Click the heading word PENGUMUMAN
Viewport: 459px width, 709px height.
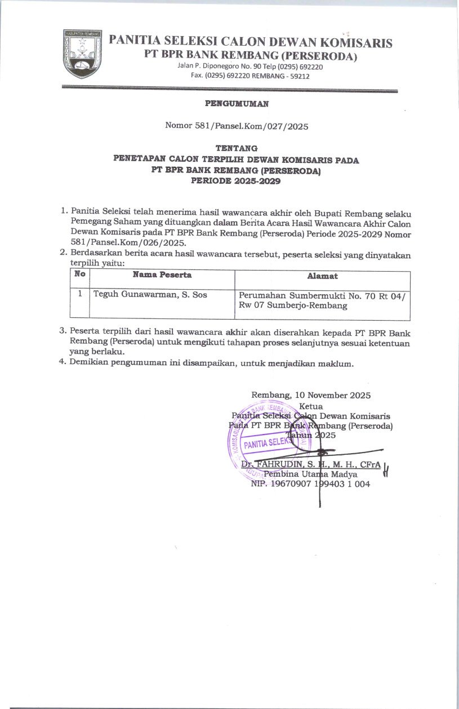236,104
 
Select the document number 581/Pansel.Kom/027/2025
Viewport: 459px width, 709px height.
237,126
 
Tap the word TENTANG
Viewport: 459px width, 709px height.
236,148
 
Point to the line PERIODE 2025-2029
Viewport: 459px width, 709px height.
236,181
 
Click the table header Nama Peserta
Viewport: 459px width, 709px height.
162,275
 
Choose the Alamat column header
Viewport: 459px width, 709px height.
322,276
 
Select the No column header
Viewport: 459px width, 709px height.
79,275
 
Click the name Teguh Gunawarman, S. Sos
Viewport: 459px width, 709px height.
150,294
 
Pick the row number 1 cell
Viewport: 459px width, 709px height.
80,294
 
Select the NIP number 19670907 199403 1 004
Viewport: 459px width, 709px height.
310,484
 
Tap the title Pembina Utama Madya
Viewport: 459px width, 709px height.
310,474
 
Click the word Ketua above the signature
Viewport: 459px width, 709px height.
311,406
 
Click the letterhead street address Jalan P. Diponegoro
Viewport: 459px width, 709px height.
250,67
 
